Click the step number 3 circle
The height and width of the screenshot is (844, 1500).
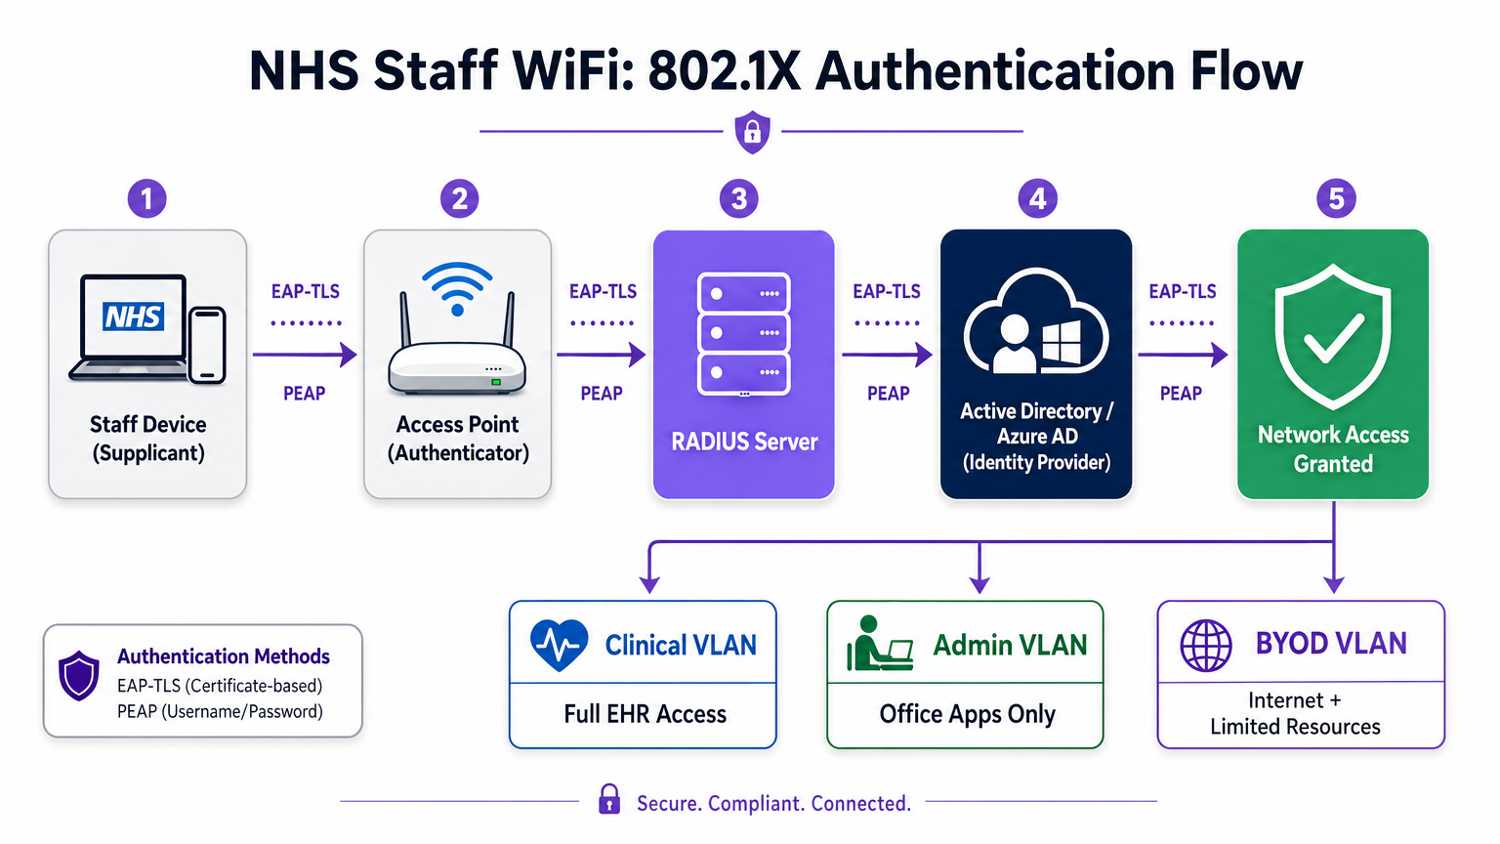(739, 199)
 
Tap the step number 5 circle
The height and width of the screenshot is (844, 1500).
(1336, 199)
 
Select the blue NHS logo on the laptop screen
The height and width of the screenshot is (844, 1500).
(134, 316)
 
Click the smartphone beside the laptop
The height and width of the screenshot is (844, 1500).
(207, 344)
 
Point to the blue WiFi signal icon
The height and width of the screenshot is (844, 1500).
(457, 287)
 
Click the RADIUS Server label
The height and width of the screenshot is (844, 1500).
(744, 442)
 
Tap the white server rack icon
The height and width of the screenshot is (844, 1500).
(744, 334)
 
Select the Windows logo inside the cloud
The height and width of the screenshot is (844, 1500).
(1062, 343)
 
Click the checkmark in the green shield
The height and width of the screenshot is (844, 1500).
(1334, 338)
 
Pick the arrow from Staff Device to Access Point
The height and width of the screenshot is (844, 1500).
(305, 355)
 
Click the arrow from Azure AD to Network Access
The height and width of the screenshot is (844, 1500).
(1183, 355)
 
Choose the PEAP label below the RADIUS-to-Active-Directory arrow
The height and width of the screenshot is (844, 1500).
(888, 394)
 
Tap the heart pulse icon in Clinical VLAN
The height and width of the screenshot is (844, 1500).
(559, 645)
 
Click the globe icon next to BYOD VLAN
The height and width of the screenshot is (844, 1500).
(1206, 645)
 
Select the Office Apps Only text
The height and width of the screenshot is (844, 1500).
(967, 714)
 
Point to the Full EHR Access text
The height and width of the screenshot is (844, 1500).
(645, 714)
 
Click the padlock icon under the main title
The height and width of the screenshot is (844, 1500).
(752, 131)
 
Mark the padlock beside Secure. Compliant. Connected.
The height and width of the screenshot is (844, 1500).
(609, 799)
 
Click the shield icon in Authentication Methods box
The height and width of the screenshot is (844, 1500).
(79, 675)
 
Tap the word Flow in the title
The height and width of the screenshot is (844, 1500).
(1246, 71)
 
